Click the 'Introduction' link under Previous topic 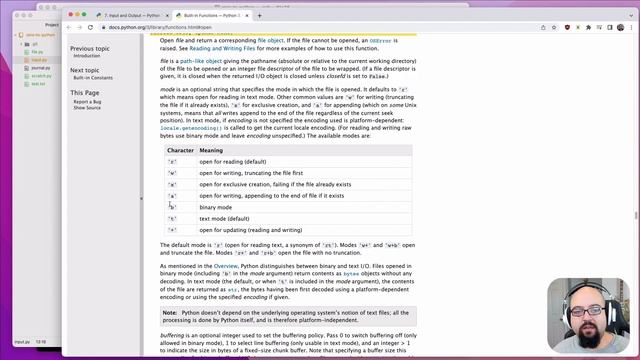click(x=87, y=56)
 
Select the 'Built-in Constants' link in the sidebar click(x=94, y=78)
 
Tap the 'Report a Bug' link click(x=87, y=101)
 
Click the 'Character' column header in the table click(x=180, y=150)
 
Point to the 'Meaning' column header click(x=213, y=150)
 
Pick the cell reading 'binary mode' click(x=219, y=206)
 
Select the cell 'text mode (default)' click(x=227, y=217)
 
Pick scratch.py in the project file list click(x=40, y=76)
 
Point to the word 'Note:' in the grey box click(x=170, y=313)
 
